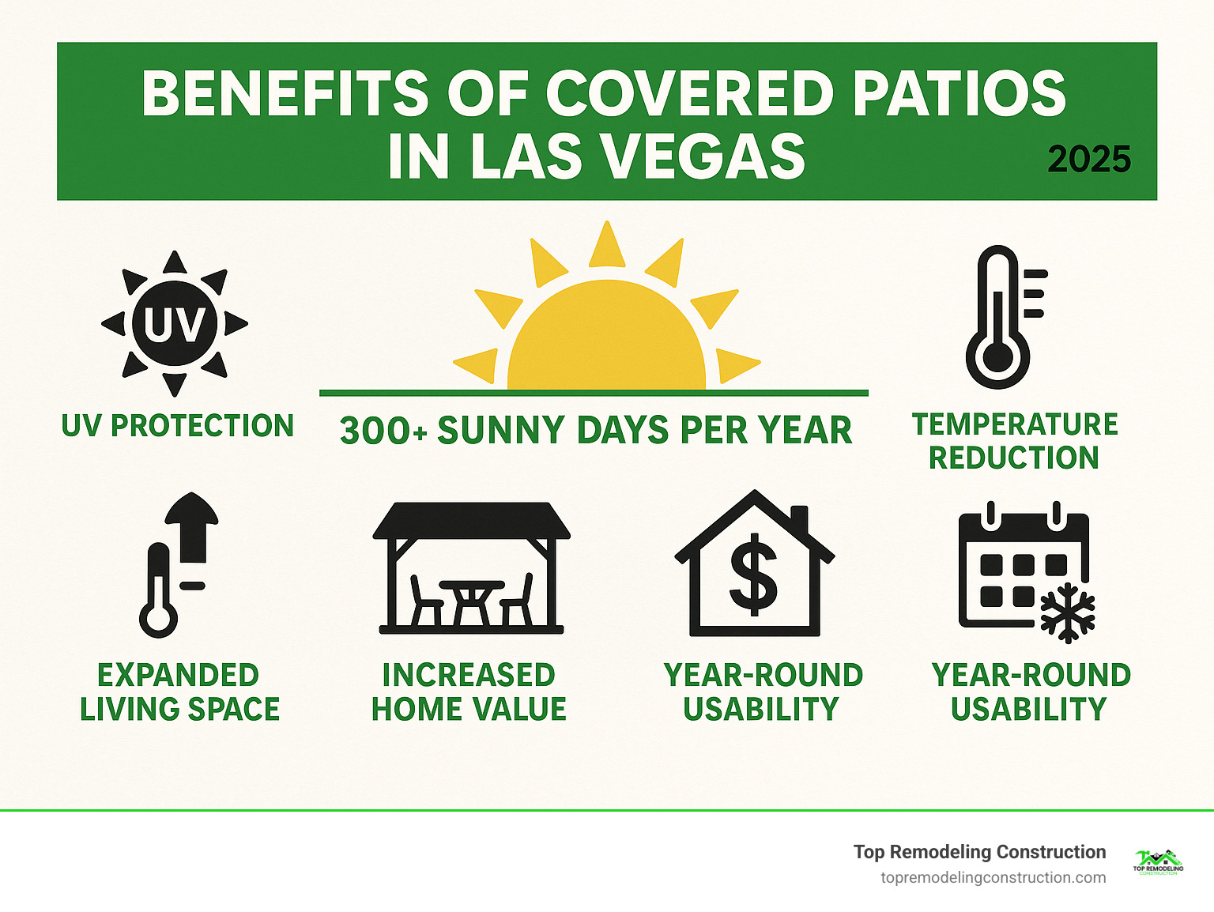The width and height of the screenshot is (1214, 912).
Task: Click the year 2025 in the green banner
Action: pyautogui.click(x=1089, y=160)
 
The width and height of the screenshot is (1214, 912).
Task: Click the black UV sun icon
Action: pyautogui.click(x=175, y=324)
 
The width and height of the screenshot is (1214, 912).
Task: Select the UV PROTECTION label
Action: pyautogui.click(x=178, y=426)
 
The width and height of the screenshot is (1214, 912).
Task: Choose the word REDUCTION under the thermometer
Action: pyautogui.click(x=1014, y=458)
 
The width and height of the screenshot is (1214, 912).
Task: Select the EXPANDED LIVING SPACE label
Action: pyautogui.click(x=179, y=692)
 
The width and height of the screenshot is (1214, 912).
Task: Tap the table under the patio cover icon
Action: pyautogui.click(x=472, y=601)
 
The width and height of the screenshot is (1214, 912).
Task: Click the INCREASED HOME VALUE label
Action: pyautogui.click(x=469, y=692)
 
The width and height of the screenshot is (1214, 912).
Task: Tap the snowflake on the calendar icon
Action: pyautogui.click(x=1067, y=612)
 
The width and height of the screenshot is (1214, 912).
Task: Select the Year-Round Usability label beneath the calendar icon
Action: pyautogui.click(x=1031, y=692)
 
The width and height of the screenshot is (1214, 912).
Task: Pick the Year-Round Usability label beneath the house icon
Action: pyautogui.click(x=763, y=692)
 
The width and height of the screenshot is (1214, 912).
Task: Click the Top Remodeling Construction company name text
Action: pyautogui.click(x=979, y=852)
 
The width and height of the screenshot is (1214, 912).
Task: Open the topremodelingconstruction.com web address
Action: pyautogui.click(x=993, y=878)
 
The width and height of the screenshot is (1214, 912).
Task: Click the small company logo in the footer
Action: pyautogui.click(x=1158, y=862)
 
